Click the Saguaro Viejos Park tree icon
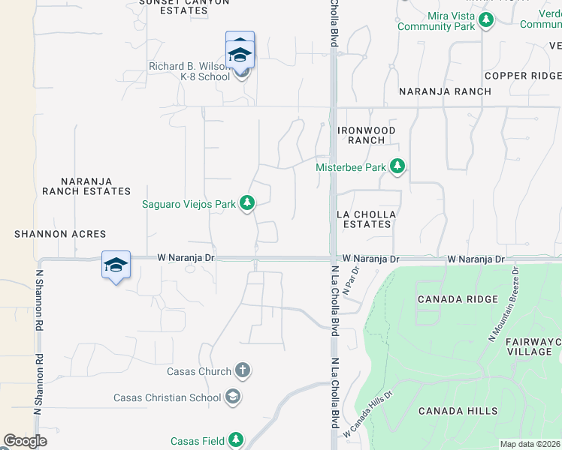(247, 202)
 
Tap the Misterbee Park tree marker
(397, 166)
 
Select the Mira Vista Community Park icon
(486, 19)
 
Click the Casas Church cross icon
(242, 370)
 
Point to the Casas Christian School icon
(233, 397)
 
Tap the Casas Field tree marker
(236, 440)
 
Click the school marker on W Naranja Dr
(116, 265)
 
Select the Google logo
(25, 441)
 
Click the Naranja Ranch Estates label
(86, 186)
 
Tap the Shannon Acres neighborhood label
(60, 234)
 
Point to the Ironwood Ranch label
(366, 135)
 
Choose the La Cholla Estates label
(366, 219)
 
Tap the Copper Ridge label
(522, 76)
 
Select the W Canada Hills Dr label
(367, 413)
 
